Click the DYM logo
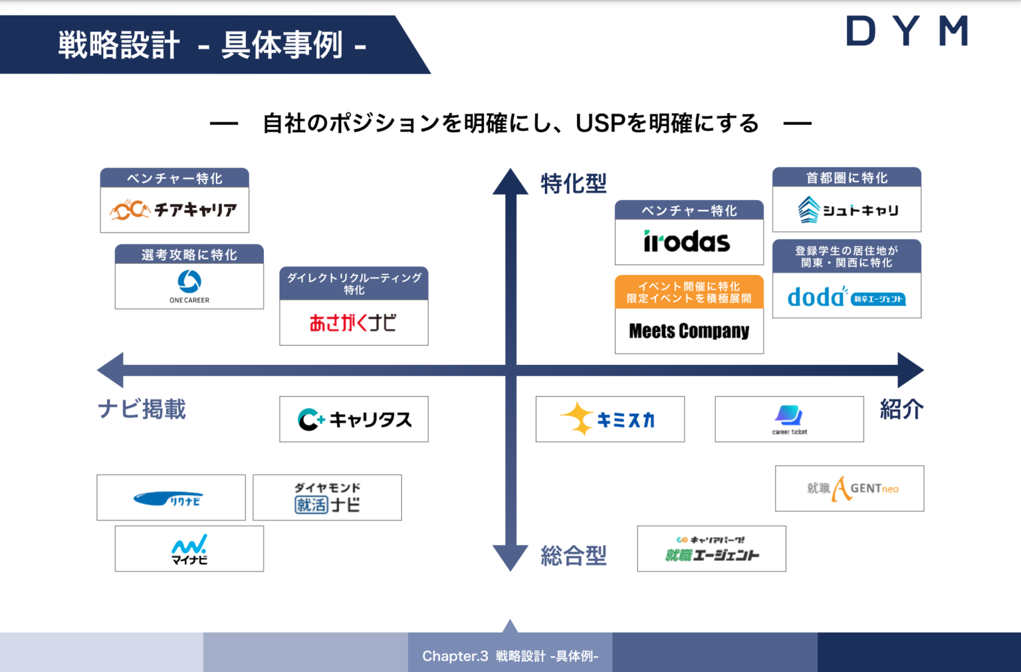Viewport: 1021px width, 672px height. tap(907, 31)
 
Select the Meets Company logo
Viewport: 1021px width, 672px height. tap(689, 330)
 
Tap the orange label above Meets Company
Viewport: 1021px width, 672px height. tap(689, 292)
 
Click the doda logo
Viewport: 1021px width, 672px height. tap(846, 296)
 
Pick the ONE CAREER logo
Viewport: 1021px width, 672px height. tap(189, 286)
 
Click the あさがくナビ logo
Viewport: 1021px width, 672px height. tap(354, 323)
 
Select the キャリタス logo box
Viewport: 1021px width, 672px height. tap(354, 419)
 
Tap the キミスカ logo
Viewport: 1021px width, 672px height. tap(610, 419)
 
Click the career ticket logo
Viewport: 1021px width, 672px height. tap(789, 419)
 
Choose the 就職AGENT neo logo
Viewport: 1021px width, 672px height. tap(850, 489)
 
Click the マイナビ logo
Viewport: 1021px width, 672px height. tap(189, 549)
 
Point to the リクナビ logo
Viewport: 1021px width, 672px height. tap(171, 498)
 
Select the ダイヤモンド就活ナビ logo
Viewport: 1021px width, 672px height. tap(327, 498)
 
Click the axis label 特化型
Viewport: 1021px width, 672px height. tap(573, 183)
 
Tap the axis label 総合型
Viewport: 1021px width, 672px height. tap(573, 555)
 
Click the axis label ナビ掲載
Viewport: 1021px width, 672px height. tap(142, 409)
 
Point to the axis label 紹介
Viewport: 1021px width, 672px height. tap(901, 409)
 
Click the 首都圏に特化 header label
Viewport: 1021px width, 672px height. tap(846, 177)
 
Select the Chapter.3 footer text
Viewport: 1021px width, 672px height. tap(510, 656)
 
